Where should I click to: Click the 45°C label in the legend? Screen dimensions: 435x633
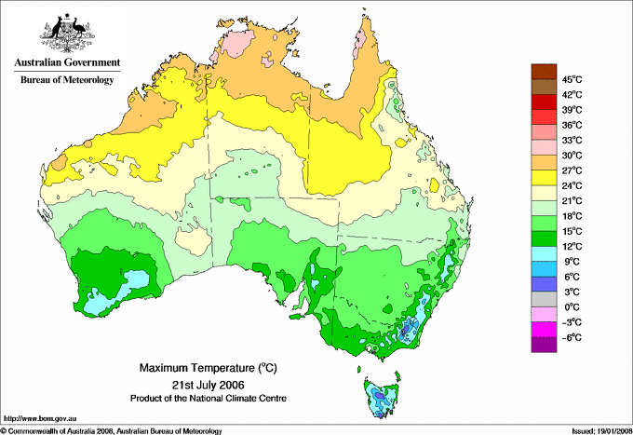tap(572, 79)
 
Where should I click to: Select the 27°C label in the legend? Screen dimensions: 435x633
tap(572, 170)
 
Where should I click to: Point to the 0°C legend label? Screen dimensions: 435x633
tap(572, 306)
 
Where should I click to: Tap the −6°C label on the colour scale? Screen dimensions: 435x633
tap(572, 337)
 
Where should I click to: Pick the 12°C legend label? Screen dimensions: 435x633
tap(572, 246)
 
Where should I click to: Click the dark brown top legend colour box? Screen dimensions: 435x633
tap(543, 71)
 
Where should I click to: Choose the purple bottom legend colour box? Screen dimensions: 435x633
tap(543, 345)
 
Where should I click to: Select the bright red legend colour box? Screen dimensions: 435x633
tap(543, 102)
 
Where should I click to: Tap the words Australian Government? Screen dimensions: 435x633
tap(67, 63)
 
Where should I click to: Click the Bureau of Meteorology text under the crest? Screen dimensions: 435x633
tap(67, 80)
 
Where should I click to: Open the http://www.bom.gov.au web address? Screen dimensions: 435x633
tap(40, 418)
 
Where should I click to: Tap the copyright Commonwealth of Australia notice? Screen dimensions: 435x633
tap(112, 429)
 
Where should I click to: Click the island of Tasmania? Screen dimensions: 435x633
tap(382, 396)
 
